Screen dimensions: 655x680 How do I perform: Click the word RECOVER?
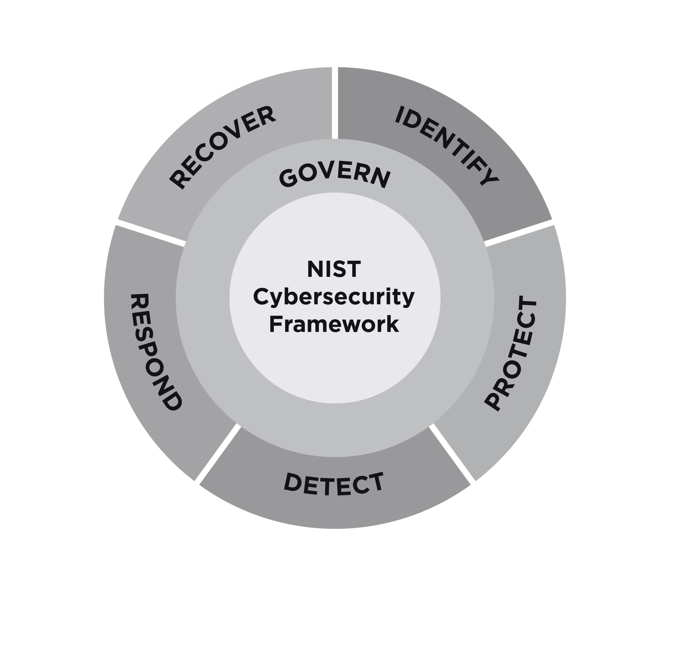222,148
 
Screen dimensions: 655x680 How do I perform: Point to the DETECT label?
334,484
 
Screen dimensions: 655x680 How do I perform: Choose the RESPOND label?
155,352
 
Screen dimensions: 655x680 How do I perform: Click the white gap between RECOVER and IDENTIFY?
335,102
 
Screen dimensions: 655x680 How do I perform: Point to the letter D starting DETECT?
293,481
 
